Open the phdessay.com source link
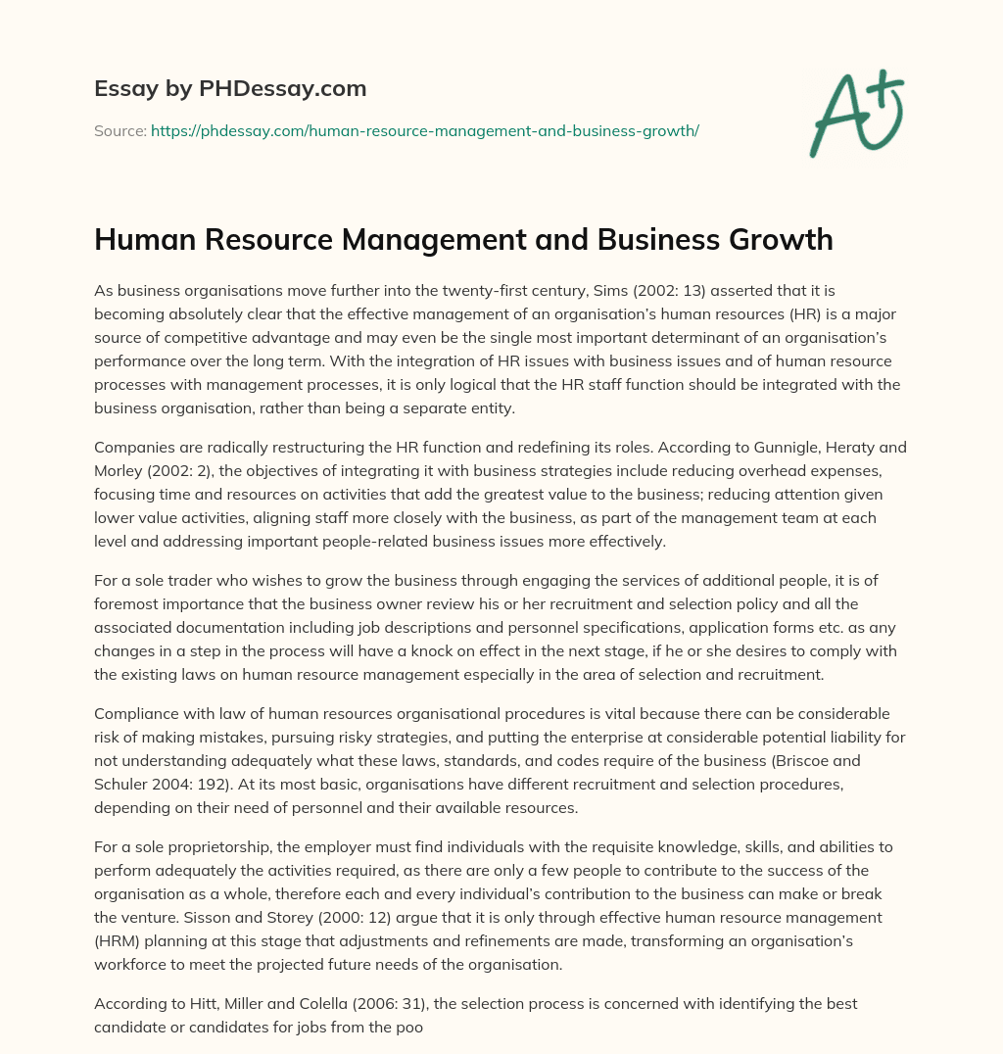point(424,129)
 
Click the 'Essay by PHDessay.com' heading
point(230,89)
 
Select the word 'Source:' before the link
point(119,129)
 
